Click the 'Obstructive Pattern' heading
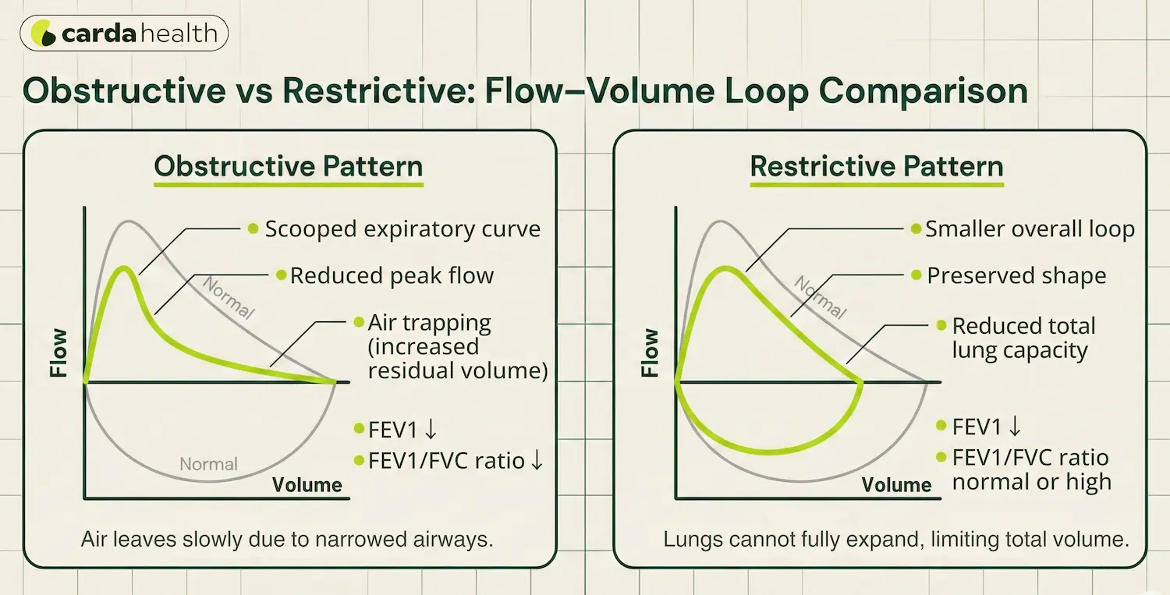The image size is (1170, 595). tap(289, 166)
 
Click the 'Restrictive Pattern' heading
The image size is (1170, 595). tap(877, 166)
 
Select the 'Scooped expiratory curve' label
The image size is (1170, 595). tap(402, 229)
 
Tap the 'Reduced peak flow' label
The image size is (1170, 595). tap(392, 276)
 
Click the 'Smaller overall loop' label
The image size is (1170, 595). tap(1030, 229)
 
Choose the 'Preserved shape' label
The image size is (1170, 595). tap(1016, 276)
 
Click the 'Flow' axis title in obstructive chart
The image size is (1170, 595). tap(59, 352)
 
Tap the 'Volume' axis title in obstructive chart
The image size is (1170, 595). tap(307, 485)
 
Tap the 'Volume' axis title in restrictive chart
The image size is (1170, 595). tap(897, 485)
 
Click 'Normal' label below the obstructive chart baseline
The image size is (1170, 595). tap(208, 465)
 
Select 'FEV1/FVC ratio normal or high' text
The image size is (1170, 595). tap(1031, 469)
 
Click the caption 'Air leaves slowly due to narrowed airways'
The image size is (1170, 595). tap(288, 540)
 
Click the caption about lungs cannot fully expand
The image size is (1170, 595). tap(896, 540)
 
